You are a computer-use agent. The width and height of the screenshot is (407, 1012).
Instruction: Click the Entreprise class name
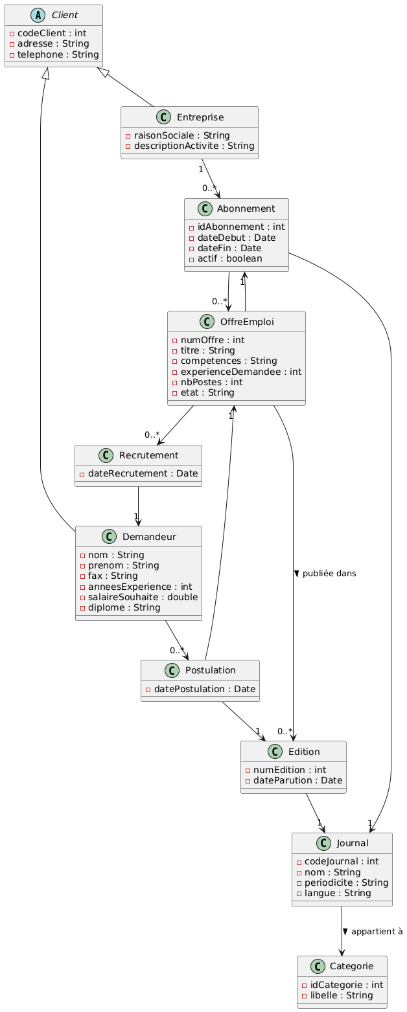(x=200, y=117)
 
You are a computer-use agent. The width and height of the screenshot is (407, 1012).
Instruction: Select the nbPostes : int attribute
(x=212, y=381)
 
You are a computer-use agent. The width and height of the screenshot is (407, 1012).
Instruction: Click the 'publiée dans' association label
(x=329, y=573)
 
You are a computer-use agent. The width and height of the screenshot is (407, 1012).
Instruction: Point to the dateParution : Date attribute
(x=297, y=780)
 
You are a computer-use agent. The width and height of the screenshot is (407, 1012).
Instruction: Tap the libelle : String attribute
(x=339, y=995)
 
